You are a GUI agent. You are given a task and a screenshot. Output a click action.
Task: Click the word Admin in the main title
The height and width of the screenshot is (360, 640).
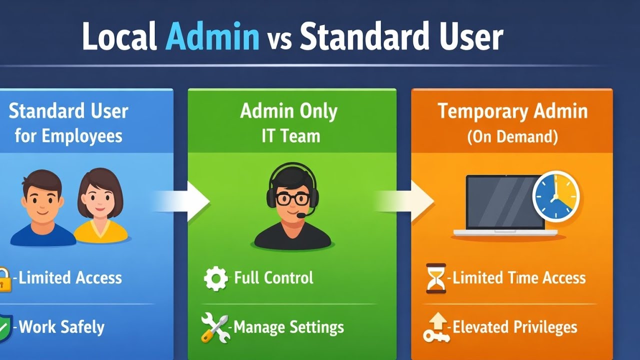pos(212,37)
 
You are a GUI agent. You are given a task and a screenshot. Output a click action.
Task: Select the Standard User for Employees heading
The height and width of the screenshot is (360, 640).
pos(68,123)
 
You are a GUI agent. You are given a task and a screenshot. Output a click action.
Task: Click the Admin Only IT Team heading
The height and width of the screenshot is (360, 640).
pos(289,123)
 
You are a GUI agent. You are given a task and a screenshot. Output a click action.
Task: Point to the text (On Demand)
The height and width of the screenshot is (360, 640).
pos(512,136)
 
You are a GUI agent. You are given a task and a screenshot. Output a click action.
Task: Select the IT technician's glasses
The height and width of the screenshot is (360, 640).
pos(292,199)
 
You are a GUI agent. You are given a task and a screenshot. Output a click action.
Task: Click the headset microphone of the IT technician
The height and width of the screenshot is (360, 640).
pos(301,215)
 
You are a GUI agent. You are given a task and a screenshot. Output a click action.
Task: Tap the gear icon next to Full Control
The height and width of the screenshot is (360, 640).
pos(216,278)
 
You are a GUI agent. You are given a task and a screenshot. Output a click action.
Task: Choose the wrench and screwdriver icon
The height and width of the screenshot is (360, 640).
pos(214,327)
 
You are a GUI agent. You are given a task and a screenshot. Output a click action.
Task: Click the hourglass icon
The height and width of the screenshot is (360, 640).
pos(435,278)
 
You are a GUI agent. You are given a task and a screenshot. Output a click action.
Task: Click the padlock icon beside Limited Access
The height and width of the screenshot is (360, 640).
pos(4,279)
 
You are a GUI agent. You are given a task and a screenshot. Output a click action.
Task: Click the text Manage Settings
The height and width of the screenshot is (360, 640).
pos(288,327)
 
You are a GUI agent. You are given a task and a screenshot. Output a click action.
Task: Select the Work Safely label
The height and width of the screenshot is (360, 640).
pos(61,327)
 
